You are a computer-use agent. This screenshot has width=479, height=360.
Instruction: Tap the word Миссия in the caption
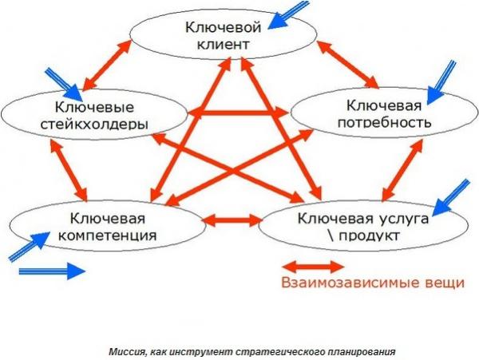click(125, 350)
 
